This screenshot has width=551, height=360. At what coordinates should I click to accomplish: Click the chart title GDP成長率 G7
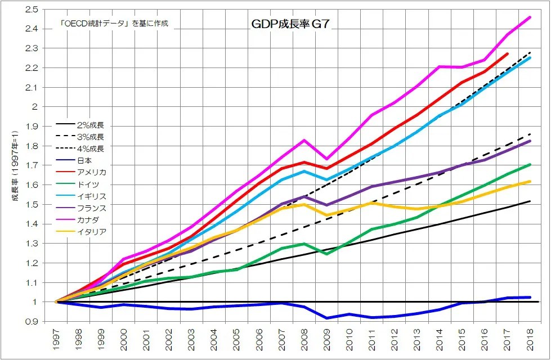pos(285,25)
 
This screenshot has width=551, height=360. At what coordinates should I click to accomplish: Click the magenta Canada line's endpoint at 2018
pos(530,17)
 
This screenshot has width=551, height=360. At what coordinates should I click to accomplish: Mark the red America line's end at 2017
pos(508,54)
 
